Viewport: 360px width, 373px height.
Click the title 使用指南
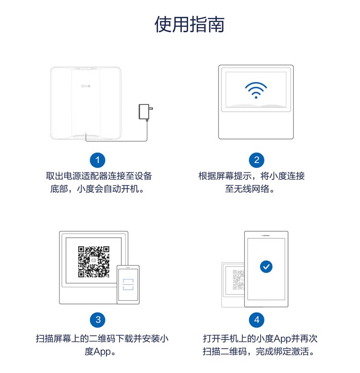pyautogui.click(x=189, y=24)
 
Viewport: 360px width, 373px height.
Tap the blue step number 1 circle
pyautogui.click(x=98, y=160)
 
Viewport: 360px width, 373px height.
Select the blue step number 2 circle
pyautogui.click(x=256, y=160)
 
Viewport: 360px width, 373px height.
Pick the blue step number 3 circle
pyautogui.click(x=98, y=320)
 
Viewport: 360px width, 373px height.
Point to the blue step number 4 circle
pyautogui.click(x=256, y=320)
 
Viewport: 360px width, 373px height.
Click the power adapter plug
pyautogui.click(x=144, y=113)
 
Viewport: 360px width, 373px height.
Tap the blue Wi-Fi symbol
pyautogui.click(x=255, y=90)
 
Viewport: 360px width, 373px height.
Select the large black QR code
pyautogui.click(x=94, y=262)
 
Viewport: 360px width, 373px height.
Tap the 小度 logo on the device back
pyautogui.click(x=84, y=87)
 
